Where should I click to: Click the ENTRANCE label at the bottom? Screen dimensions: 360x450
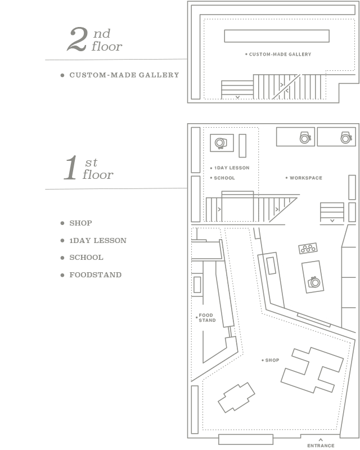pos(321,445)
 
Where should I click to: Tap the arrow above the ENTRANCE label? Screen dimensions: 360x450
pos(321,440)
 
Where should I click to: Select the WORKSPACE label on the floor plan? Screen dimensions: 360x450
pos(306,178)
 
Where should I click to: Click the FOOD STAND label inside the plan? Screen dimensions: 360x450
pos(207,318)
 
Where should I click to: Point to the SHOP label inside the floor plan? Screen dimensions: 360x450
pos(272,360)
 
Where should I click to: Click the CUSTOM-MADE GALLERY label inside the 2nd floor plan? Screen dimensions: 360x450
pos(280,54)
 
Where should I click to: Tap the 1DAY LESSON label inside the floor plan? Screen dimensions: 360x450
pos(232,168)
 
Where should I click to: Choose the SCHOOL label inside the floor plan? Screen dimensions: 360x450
pos(224,178)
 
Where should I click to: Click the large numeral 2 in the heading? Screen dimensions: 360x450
pos(77,39)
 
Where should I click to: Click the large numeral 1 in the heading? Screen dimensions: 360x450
pos(71,168)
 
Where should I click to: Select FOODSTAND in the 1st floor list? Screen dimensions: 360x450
pos(95,275)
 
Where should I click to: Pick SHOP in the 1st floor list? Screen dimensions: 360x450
pos(80,223)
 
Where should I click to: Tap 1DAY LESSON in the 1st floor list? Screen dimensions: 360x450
pos(98,241)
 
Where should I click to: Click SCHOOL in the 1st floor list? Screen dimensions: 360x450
pos(86,258)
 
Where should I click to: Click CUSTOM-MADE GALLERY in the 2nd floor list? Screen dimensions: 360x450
pos(124,75)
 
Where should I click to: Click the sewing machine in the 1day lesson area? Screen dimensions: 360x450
pos(220,143)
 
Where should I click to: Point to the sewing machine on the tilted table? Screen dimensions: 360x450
pos(314,282)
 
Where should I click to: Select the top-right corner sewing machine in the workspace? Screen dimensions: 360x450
pos(346,137)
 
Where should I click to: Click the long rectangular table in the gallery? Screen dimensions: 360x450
pos(277,36)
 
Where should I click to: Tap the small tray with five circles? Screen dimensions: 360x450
pos(308,248)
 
